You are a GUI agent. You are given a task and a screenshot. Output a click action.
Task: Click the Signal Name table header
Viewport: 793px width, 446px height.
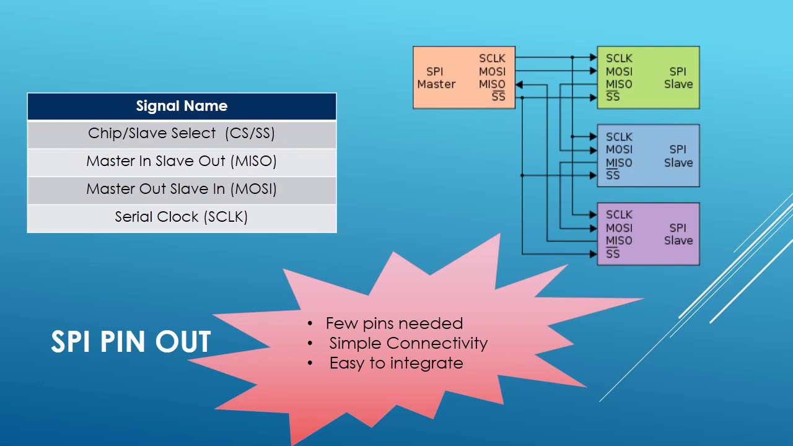pyautogui.click(x=182, y=106)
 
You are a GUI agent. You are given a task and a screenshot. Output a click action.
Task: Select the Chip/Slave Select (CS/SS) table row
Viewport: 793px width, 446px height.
pyautogui.click(x=182, y=134)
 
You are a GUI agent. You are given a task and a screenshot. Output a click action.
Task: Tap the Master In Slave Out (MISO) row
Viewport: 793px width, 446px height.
pyautogui.click(x=182, y=162)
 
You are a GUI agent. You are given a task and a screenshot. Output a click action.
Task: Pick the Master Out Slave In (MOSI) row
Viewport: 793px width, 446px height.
pyautogui.click(x=182, y=190)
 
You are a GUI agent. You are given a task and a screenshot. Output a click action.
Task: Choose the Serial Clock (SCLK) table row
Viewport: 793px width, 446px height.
pyautogui.click(x=182, y=218)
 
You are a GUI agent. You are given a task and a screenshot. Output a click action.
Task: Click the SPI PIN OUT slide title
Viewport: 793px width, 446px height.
pyautogui.click(x=131, y=341)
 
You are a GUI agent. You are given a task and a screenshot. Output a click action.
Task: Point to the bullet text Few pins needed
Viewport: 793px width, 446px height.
pyautogui.click(x=394, y=323)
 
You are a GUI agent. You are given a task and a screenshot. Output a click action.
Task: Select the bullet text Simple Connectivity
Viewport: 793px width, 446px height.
pyautogui.click(x=408, y=343)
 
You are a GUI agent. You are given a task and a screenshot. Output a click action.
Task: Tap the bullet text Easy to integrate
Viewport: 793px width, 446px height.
pyautogui.click(x=396, y=364)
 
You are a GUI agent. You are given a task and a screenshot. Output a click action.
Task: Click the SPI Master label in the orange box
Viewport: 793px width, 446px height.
pyautogui.click(x=436, y=78)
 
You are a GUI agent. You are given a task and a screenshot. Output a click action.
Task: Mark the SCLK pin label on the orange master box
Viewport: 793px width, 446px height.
pyautogui.click(x=492, y=58)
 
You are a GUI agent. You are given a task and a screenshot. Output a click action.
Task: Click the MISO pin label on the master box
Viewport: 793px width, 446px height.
pyautogui.click(x=492, y=84)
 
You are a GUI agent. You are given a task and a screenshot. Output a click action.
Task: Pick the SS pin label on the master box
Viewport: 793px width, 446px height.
pyautogui.click(x=499, y=96)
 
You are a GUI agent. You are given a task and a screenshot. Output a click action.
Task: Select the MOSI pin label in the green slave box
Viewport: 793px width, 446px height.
pyautogui.click(x=619, y=71)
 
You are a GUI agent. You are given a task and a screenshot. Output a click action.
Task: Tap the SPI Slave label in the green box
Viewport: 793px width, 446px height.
pyautogui.click(x=678, y=78)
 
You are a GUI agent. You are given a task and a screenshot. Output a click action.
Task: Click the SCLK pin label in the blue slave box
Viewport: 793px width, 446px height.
pyautogui.click(x=619, y=137)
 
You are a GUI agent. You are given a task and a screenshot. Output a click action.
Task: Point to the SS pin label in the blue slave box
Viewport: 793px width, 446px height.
pyautogui.click(x=613, y=175)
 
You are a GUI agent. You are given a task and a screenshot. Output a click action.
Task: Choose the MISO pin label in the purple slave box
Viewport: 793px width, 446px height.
pyautogui.click(x=619, y=241)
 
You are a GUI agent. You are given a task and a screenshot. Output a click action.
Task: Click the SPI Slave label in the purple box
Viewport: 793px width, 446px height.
pyautogui.click(x=678, y=234)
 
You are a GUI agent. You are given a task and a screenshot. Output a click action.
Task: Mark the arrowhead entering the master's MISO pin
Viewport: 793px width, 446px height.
pyautogui.click(x=519, y=85)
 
